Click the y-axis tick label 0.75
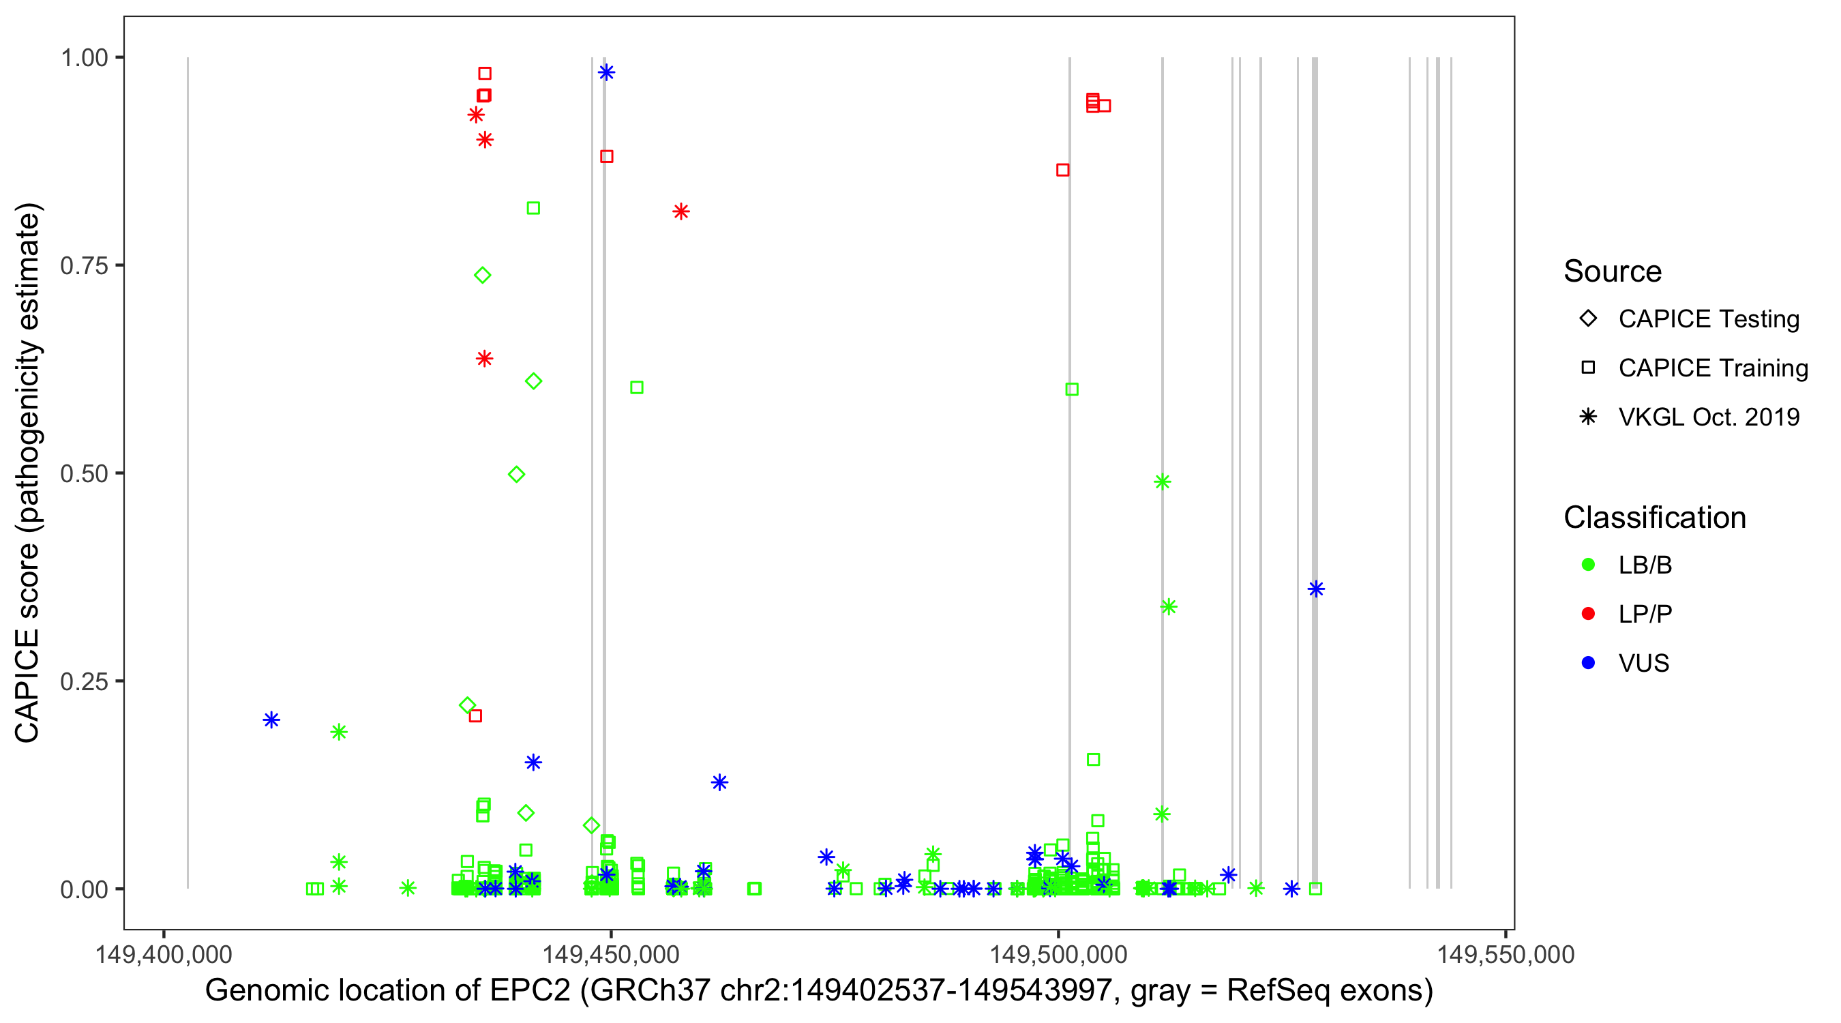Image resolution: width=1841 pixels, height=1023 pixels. coord(83,265)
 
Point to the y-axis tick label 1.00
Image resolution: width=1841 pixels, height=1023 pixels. coord(83,57)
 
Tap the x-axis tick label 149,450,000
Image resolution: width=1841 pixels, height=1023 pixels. coord(610,953)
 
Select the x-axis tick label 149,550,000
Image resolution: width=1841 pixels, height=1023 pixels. coord(1505,953)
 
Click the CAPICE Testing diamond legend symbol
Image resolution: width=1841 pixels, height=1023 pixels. coord(1588,318)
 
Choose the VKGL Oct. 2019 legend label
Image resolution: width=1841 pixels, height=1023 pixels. coord(1708,417)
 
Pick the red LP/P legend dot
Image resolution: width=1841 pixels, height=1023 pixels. coord(1588,614)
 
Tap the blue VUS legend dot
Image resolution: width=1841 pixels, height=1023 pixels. coord(1588,663)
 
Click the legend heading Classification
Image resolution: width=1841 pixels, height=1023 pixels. coord(1653,517)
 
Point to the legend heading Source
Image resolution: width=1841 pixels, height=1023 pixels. coord(1612,271)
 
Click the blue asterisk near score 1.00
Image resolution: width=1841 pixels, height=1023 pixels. coord(606,72)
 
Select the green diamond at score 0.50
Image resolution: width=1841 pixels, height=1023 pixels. coord(517,474)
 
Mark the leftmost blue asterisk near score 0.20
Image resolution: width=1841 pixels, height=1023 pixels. coord(271,720)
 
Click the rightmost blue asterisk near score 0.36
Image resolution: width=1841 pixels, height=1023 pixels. coord(1316,589)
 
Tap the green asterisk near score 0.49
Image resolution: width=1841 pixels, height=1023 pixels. coord(1162,481)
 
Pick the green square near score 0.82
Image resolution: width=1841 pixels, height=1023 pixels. coord(533,208)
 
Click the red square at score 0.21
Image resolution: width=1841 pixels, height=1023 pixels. coord(475,715)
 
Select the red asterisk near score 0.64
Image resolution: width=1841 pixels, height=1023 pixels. coord(485,358)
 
